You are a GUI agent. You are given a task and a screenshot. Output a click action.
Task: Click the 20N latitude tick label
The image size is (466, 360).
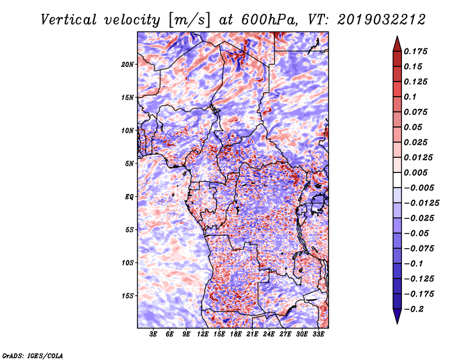click(128, 64)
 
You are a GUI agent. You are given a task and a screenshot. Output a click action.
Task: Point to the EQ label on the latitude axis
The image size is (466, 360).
click(129, 197)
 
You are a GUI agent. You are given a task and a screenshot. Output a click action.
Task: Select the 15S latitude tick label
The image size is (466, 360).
click(128, 296)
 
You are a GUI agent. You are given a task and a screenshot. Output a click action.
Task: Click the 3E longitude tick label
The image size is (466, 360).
click(154, 335)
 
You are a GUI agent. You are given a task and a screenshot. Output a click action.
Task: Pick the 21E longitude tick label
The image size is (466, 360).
click(253, 335)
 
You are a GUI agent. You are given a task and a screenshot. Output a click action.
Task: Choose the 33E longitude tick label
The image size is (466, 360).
click(319, 335)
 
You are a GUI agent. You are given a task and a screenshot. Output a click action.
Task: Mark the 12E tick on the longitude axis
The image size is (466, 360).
click(203, 335)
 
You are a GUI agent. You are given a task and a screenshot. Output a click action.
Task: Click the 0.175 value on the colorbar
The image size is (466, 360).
click(417, 51)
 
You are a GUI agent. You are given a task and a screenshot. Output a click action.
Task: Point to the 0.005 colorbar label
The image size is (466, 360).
click(417, 172)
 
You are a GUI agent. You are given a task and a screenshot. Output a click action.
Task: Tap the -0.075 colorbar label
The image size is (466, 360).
click(419, 248)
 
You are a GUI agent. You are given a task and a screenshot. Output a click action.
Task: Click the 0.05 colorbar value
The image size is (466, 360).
click(414, 127)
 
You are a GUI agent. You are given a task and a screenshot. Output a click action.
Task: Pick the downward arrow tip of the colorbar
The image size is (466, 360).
click(397, 322)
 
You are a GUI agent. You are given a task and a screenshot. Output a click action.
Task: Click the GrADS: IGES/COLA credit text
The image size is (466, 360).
click(32, 355)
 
